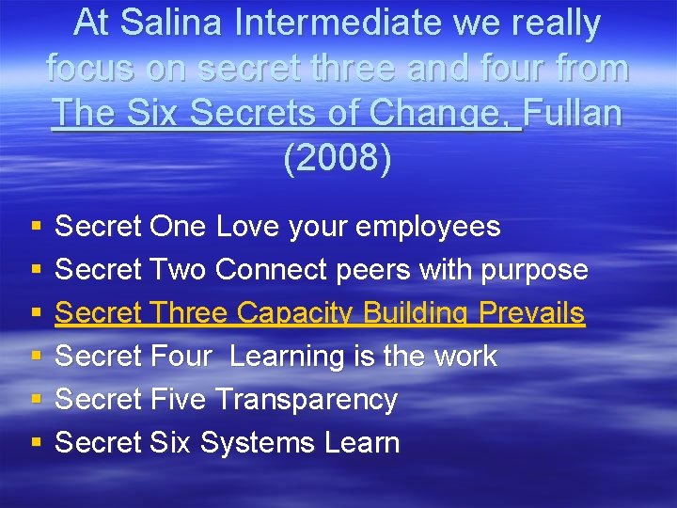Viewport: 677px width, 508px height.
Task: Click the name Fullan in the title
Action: click(x=573, y=113)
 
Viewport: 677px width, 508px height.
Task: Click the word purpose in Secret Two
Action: click(x=534, y=271)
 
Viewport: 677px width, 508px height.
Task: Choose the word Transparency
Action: click(x=307, y=400)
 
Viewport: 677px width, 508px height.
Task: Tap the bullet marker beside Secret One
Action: click(x=35, y=228)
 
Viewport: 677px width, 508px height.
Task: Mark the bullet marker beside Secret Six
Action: click(x=35, y=444)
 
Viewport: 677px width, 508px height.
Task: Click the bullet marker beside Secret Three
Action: click(x=35, y=314)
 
